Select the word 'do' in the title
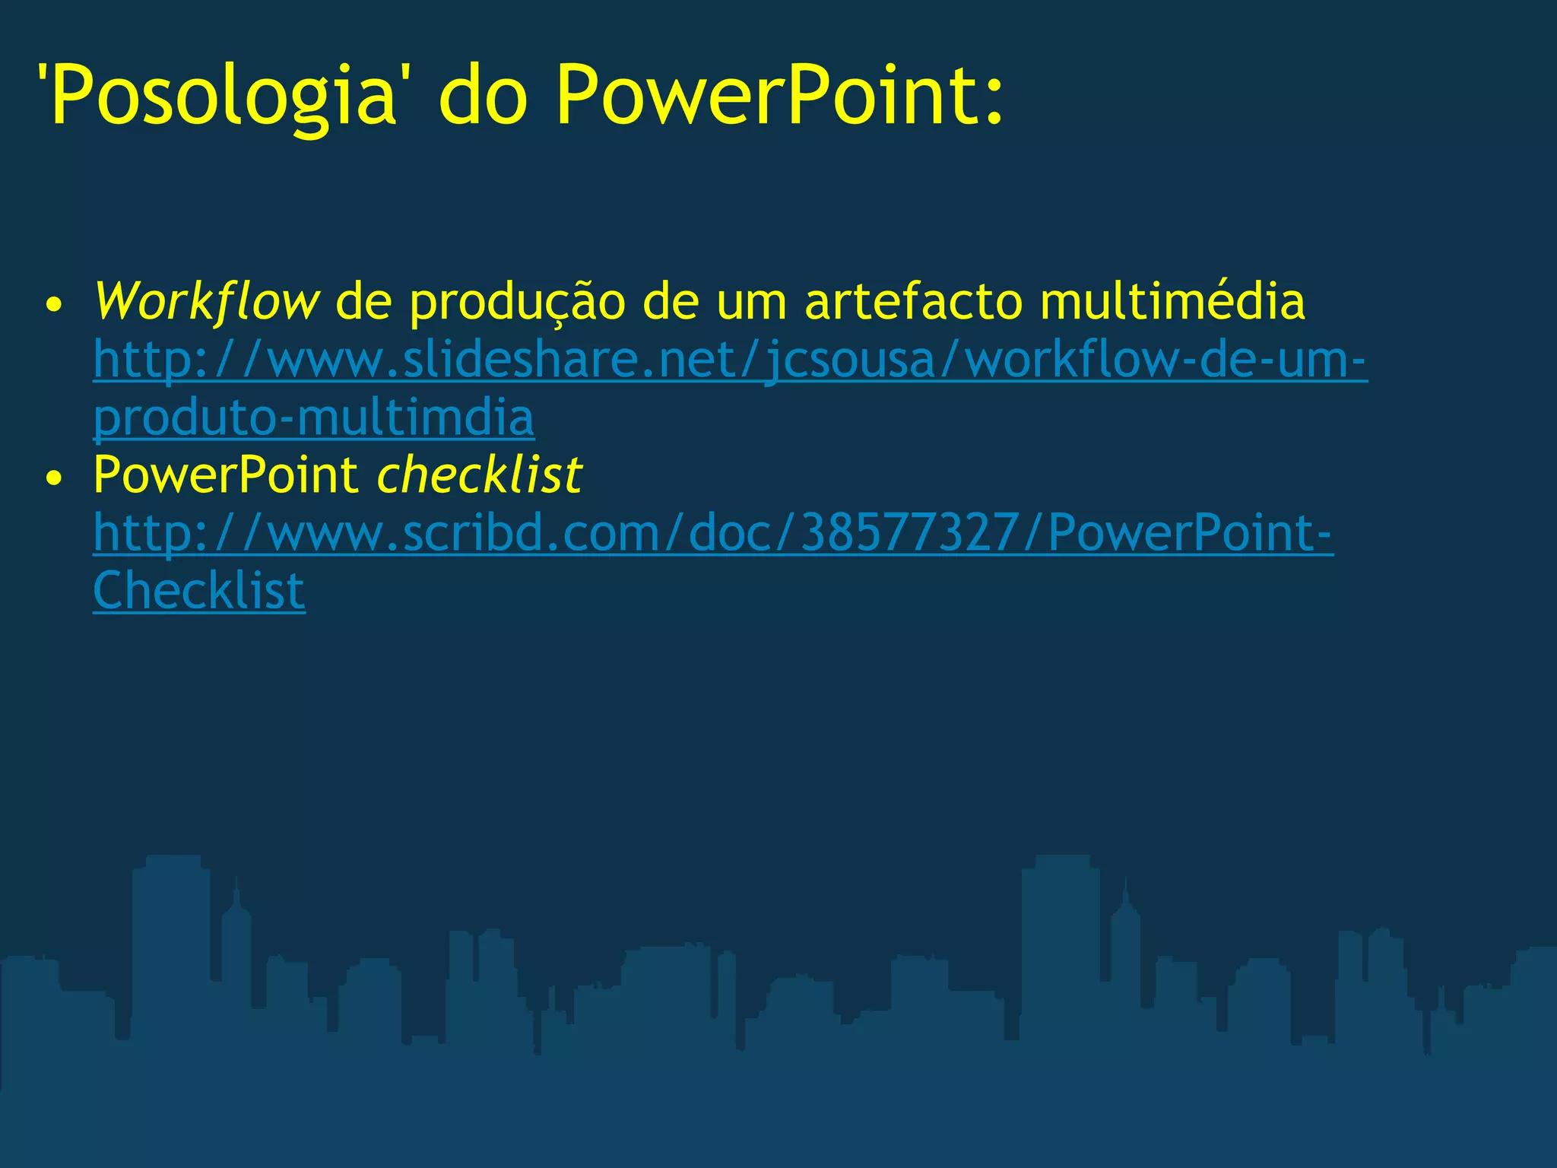point(484,95)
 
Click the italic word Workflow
point(206,302)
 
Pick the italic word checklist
point(480,475)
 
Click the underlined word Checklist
point(199,591)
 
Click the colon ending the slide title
point(995,103)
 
